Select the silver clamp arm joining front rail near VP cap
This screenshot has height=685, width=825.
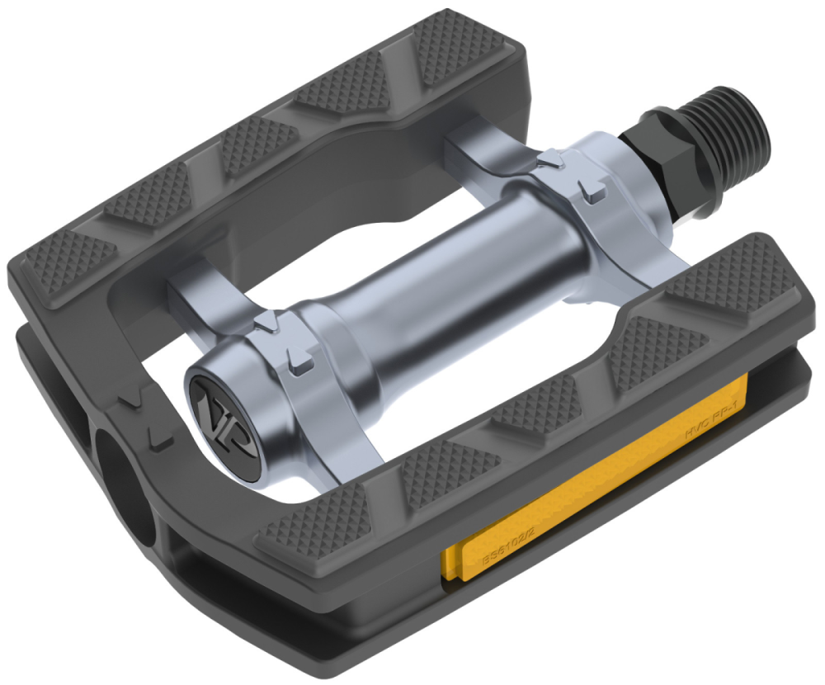[330, 429]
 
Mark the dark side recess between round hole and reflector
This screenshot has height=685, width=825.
[247, 578]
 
